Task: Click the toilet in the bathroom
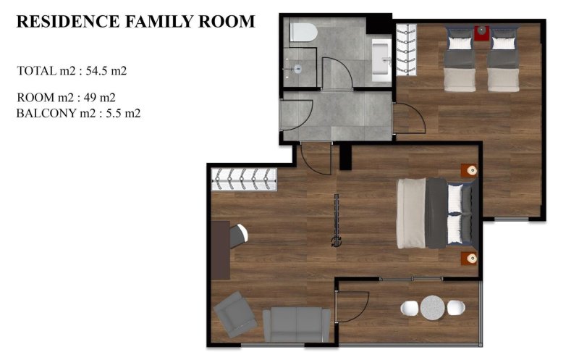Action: point(302,33)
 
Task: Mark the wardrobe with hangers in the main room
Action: point(244,179)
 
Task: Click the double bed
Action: point(434,214)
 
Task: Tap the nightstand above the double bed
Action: point(471,170)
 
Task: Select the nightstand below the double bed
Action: point(471,258)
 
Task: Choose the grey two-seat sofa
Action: point(297,324)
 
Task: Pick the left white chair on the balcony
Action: point(410,307)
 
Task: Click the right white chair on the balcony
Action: point(456,307)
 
